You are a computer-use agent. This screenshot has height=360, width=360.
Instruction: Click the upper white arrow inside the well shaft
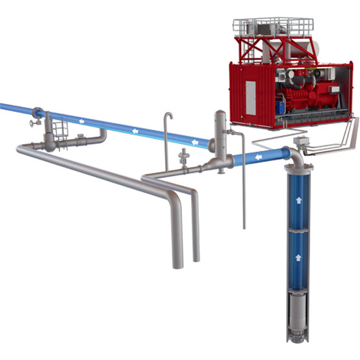tap(298, 202)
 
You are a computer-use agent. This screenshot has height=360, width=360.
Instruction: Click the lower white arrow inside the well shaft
tap(298, 257)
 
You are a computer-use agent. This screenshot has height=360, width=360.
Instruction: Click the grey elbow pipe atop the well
tap(295, 156)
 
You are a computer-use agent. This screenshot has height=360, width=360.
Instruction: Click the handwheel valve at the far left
tap(33, 122)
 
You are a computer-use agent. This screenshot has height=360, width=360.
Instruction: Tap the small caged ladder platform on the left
tap(58, 127)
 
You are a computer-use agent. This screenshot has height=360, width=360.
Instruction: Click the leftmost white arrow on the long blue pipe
tap(81, 120)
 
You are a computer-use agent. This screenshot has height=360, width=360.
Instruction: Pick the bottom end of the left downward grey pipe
tap(177, 264)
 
